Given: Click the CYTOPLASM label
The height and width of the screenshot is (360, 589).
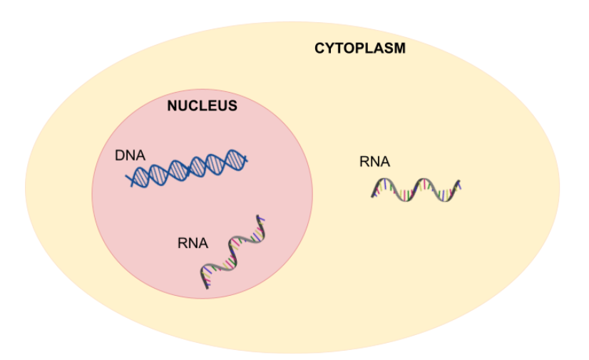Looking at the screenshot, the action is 360,48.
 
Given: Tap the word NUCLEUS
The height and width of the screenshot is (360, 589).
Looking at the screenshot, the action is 202,106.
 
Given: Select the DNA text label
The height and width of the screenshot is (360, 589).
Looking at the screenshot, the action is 130,155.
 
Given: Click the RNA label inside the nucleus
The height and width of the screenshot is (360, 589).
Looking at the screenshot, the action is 193,243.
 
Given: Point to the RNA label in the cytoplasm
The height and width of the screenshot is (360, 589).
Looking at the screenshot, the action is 374,162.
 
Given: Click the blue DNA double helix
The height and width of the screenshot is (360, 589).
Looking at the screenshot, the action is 187,168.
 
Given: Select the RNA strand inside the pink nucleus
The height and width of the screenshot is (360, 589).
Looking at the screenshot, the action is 233,251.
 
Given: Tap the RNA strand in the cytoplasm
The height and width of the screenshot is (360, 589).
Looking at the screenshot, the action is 416,190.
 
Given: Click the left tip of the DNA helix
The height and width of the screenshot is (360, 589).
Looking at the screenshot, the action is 126,175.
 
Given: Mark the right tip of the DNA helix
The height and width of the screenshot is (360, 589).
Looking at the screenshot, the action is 247,160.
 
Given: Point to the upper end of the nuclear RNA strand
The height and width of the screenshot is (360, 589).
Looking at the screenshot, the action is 258,216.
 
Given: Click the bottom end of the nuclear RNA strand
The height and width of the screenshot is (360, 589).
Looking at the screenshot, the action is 207,288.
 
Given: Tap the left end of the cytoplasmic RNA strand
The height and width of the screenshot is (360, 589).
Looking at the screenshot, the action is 372,196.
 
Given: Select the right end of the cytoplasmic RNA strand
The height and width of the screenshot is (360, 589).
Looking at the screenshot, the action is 459,181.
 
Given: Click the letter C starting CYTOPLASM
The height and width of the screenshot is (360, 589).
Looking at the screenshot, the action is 319,48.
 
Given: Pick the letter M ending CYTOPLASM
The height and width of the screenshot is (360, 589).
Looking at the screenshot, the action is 400,48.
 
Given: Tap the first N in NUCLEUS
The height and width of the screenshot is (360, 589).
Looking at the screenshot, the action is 172,106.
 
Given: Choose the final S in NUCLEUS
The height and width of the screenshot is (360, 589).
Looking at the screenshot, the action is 232,106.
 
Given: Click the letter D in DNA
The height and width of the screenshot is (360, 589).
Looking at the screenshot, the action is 120,155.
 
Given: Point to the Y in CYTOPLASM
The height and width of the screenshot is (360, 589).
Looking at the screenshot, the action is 329,48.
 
